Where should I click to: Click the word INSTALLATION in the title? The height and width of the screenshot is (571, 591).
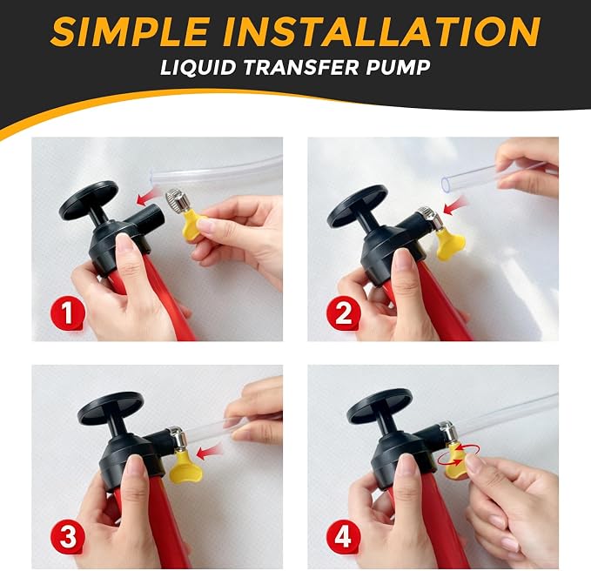pos(381,31)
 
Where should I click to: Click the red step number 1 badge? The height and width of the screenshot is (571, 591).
pos(68,313)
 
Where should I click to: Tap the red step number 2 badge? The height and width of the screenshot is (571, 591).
pos(343,313)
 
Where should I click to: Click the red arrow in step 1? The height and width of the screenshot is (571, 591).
pos(150,198)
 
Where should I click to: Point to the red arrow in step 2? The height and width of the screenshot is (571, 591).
pos(455,206)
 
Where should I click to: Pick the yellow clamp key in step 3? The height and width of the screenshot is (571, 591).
pos(184,469)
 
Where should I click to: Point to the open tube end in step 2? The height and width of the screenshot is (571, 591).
pos(446,184)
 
